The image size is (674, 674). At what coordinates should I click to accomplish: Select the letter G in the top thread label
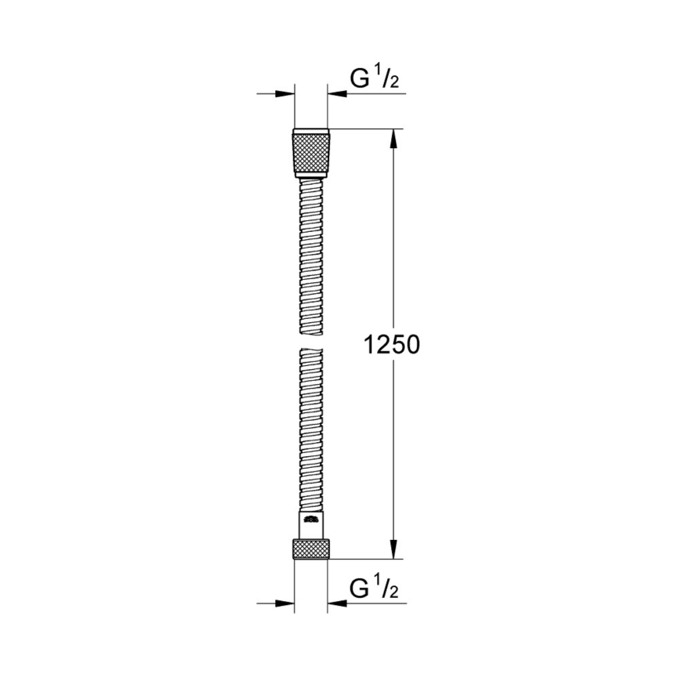pyautogui.click(x=359, y=78)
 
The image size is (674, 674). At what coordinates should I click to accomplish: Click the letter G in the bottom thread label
pyautogui.click(x=359, y=588)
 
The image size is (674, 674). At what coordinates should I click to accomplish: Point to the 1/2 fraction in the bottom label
pyautogui.click(x=386, y=587)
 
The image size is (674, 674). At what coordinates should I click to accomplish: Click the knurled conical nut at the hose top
pyautogui.click(x=311, y=151)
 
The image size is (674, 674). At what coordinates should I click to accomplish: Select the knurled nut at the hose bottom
pyautogui.click(x=311, y=549)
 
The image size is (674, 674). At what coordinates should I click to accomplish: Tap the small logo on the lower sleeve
pyautogui.click(x=311, y=519)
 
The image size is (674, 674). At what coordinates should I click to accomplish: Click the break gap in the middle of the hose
pyautogui.click(x=311, y=345)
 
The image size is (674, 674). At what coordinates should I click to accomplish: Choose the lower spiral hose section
pyautogui.click(x=311, y=431)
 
